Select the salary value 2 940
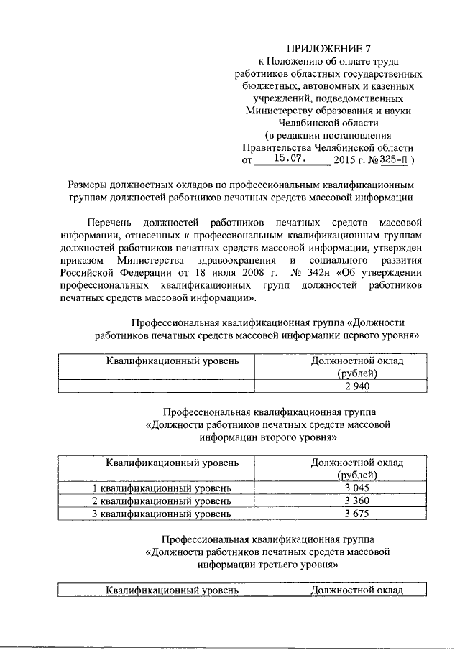pyautogui.click(x=356, y=386)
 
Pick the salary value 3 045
pyautogui.click(x=356, y=488)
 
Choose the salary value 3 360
pyautogui.click(x=356, y=501)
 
